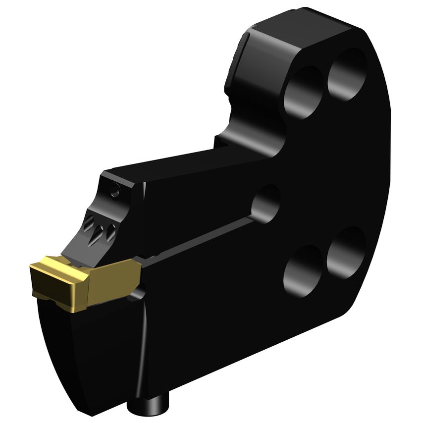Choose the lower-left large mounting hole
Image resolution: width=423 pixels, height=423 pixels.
(x=302, y=270)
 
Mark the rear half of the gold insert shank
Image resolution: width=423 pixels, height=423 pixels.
(x=114, y=277)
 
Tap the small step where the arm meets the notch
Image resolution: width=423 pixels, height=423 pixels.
(x=221, y=144)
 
